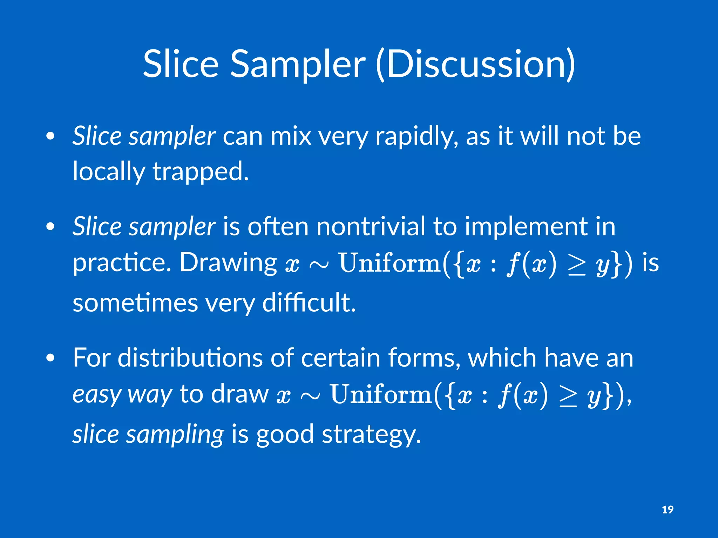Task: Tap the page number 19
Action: (668, 510)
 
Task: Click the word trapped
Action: (200, 172)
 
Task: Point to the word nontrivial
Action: (371, 227)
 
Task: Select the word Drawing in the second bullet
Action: (228, 263)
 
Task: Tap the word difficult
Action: (309, 303)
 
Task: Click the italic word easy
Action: (97, 394)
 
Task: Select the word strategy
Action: (371, 434)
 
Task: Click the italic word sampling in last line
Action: (175, 434)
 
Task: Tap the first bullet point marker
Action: (50, 136)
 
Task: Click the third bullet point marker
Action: (50, 358)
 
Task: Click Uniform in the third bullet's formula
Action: (381, 394)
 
